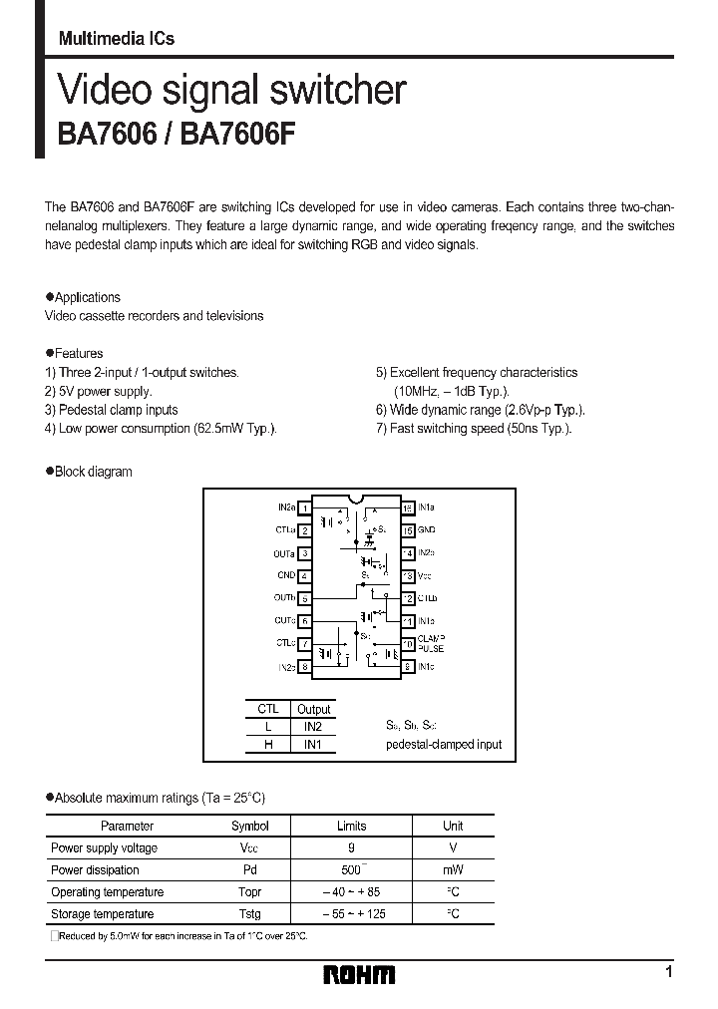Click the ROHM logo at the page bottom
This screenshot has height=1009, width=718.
tap(360, 974)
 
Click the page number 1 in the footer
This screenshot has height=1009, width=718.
tap(668, 971)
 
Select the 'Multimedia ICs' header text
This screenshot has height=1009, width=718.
tap(117, 39)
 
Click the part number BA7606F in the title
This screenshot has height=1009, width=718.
tap(244, 135)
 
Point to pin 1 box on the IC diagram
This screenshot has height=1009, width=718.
tap(305, 507)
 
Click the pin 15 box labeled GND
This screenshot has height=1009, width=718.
tap(408, 530)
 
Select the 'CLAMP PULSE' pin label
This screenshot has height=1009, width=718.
tap(432, 643)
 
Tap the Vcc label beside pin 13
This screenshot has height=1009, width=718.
tap(424, 576)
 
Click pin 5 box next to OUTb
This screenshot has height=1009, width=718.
tap(305, 598)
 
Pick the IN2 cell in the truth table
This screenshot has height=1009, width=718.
tap(313, 727)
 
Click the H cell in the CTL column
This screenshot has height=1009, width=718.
tap(267, 745)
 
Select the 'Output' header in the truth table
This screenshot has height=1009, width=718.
tap(313, 709)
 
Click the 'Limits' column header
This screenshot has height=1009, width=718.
tap(351, 826)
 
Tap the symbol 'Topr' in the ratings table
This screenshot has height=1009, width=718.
tap(249, 891)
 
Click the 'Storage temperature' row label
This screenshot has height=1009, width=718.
tap(102, 913)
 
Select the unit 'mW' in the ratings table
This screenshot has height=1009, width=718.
tap(453, 869)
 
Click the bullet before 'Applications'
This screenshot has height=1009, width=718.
tap(50, 297)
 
